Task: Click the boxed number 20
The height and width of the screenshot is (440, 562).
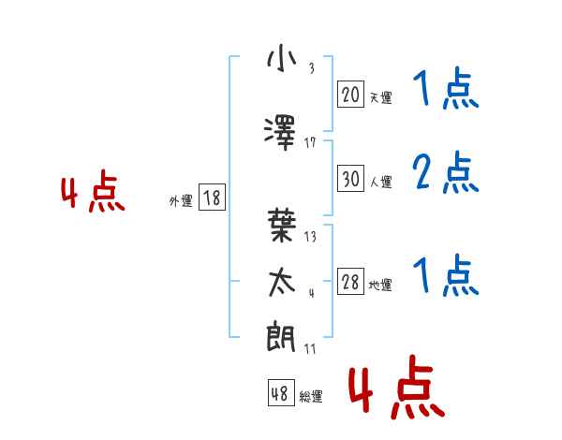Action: (350, 95)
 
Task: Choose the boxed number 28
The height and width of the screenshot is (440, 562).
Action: (350, 283)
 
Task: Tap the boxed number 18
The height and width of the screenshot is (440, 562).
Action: (212, 198)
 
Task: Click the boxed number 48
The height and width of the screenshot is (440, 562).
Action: (280, 394)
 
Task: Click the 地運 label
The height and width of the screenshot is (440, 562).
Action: (380, 286)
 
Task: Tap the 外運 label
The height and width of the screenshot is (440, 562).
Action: (181, 200)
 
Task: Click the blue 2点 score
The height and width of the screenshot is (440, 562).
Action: (445, 173)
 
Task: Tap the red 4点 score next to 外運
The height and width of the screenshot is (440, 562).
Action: (93, 195)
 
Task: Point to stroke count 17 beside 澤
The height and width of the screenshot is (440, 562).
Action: (310, 142)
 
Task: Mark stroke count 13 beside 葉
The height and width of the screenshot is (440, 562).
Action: (310, 237)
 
